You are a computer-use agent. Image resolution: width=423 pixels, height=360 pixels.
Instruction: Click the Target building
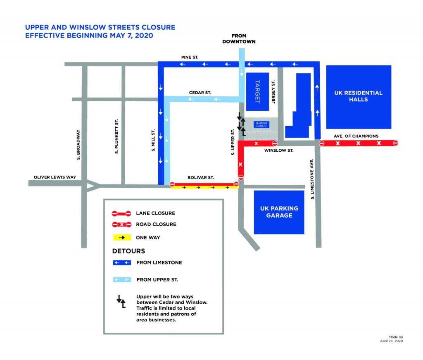257,92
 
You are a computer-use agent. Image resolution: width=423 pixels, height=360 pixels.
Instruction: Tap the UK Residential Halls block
359,97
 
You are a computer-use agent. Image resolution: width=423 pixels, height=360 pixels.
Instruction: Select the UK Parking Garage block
279,212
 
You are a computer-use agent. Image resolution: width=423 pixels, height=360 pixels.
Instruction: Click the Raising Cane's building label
261,125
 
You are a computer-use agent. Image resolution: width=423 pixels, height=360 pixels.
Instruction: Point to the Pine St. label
190,57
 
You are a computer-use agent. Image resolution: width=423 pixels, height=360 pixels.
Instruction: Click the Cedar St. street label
200,93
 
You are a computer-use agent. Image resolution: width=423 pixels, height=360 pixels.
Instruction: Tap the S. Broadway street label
78,145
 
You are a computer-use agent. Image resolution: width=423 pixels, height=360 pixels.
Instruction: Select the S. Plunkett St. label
116,136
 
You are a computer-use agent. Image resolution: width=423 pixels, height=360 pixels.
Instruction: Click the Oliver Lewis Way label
55,177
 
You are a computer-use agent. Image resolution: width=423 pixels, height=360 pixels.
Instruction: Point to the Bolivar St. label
201,178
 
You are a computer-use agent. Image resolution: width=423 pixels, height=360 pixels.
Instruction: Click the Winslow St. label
279,150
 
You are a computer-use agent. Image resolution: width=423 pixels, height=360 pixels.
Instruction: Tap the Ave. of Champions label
356,136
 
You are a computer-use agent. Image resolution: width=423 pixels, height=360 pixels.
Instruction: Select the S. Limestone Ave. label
312,179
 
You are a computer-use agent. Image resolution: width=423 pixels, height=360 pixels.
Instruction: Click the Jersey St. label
273,91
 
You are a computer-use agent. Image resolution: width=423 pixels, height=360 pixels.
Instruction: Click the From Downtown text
239,38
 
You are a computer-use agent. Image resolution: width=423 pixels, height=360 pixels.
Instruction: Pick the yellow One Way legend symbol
122,238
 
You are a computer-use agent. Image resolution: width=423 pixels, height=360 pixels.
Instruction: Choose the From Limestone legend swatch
122,262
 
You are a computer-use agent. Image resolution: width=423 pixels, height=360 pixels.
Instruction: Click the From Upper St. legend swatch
122,279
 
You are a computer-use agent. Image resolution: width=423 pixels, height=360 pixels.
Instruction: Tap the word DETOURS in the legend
129,251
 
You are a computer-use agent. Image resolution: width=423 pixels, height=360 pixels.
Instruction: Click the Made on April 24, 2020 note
392,339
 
